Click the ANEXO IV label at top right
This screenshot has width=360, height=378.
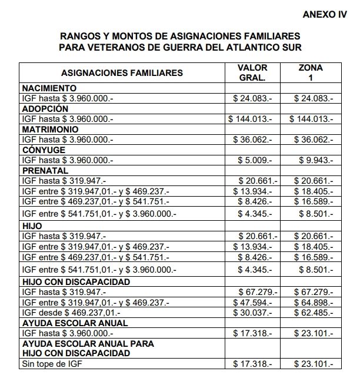[x=324, y=14]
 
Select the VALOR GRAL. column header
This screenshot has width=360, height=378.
[x=252, y=72]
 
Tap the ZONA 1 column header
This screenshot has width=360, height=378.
[x=311, y=72]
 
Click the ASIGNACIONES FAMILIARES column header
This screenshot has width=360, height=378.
[x=122, y=73]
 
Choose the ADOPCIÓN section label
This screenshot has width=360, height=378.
[x=45, y=109]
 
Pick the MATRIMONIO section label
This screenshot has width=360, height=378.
[x=48, y=130]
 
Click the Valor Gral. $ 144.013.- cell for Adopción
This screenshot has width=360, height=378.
[x=252, y=119]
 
